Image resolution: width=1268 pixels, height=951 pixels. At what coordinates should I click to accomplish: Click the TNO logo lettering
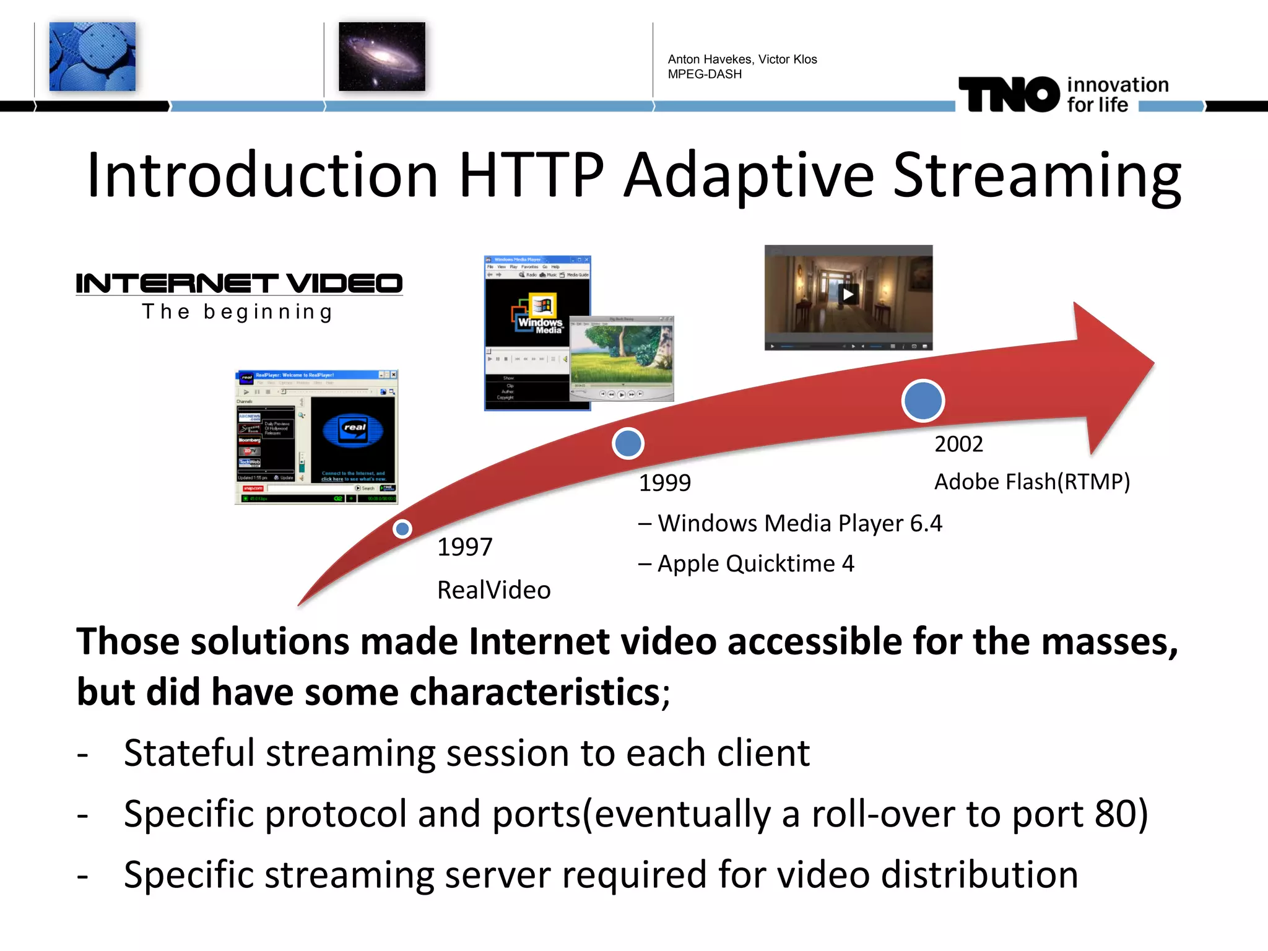pos(1009,95)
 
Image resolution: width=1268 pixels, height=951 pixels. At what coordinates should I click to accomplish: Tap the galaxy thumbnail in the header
pos(381,56)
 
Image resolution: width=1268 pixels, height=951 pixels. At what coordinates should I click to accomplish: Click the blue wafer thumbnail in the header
pos(92,56)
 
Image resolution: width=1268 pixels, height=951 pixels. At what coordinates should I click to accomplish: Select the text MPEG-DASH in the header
pos(705,74)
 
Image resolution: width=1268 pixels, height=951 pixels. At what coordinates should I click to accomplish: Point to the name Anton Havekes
pos(710,59)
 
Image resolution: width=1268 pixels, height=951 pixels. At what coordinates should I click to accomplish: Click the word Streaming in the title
pos(1036,176)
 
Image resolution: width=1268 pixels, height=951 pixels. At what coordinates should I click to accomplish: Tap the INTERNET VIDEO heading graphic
pos(239,284)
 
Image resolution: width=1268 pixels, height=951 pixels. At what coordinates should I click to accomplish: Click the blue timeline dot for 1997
pos(402,529)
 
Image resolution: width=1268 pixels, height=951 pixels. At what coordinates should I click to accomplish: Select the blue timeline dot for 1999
pos(628,443)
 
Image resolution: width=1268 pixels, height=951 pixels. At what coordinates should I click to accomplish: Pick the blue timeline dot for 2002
pos(923,401)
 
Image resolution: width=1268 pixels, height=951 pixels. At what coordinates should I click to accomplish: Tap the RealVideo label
pos(493,590)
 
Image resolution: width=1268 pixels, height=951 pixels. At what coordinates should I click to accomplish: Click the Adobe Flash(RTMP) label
pos(1031,482)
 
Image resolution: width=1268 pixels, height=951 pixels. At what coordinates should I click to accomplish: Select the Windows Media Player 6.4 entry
pos(799,524)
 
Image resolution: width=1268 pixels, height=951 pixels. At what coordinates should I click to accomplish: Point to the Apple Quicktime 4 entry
pos(755,564)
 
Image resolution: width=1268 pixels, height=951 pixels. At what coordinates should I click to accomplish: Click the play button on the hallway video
pos(848,295)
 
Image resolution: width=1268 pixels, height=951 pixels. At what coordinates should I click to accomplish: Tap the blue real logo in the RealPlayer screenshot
pos(354,430)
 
